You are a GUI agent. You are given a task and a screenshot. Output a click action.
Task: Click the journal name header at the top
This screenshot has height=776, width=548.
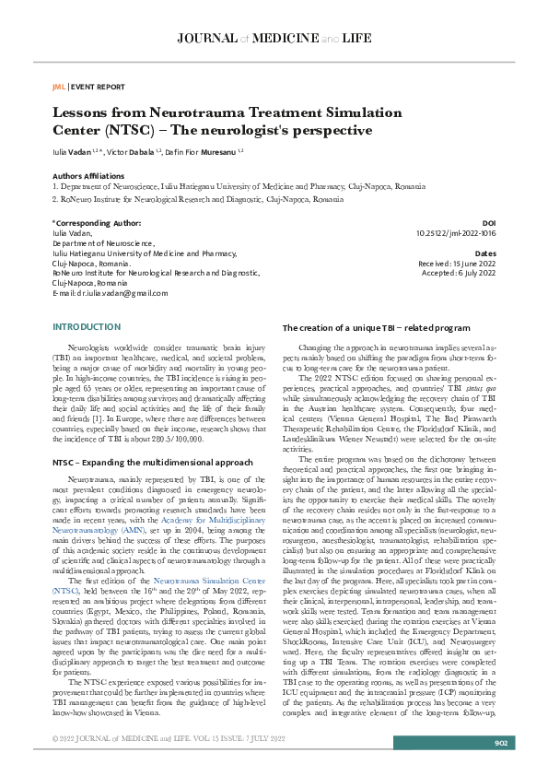pyautogui.click(x=274, y=38)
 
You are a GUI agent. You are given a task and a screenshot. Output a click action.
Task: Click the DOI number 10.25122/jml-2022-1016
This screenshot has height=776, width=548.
pyautogui.click(x=457, y=234)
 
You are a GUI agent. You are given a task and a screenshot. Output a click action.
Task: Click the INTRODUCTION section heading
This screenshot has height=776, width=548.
pyautogui.click(x=87, y=327)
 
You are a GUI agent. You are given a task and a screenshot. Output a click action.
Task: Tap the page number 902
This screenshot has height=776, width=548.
pyautogui.click(x=501, y=744)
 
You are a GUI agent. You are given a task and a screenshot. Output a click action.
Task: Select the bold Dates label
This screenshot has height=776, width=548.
pyautogui.click(x=484, y=253)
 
